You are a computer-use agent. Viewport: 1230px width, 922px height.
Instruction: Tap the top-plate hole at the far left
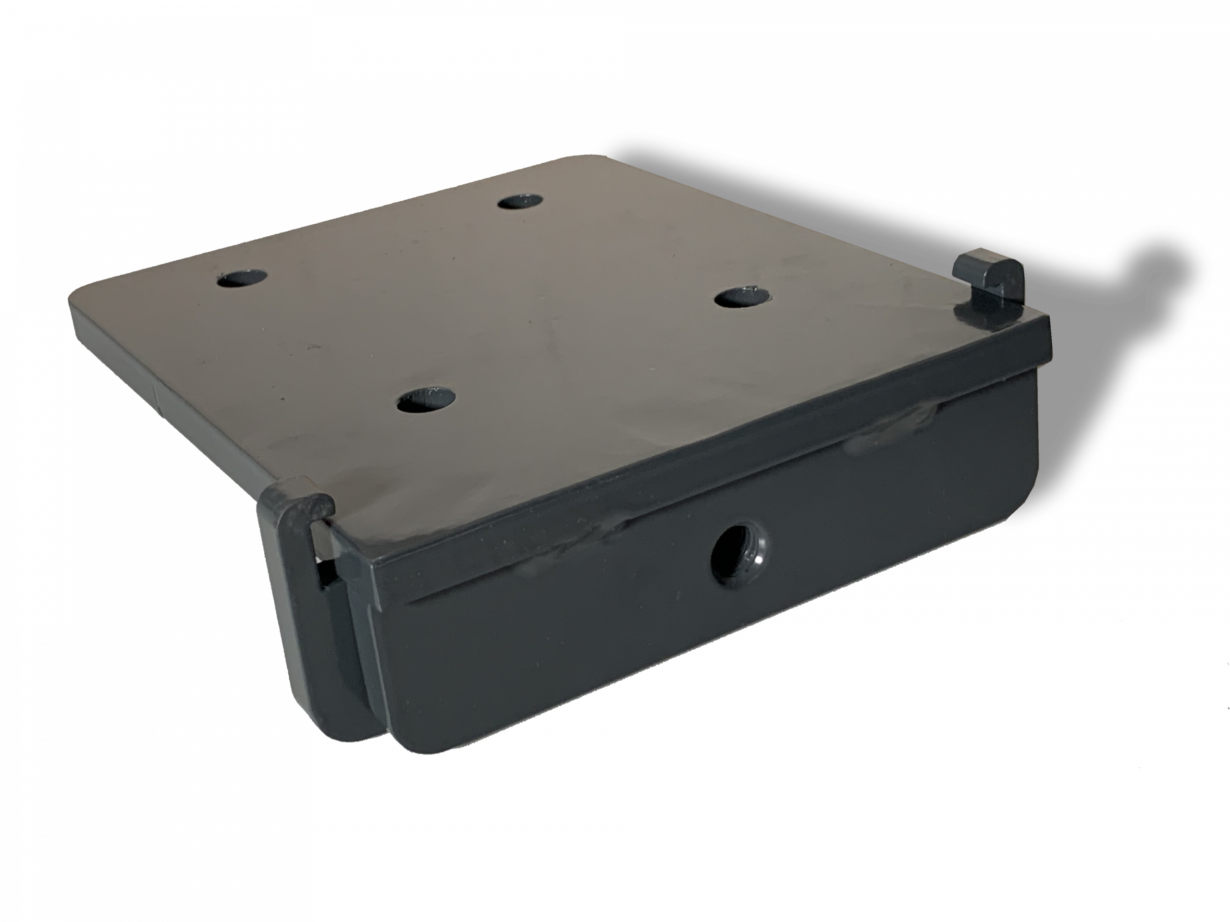[242, 278]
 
